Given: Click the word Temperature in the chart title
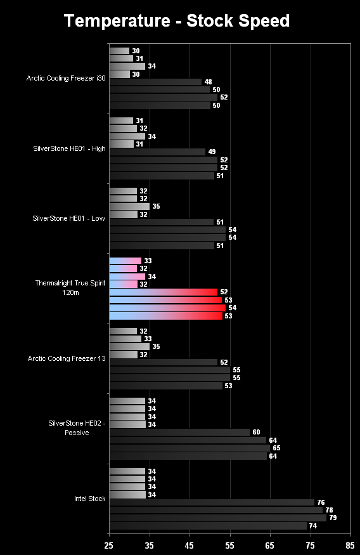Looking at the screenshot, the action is coord(117,21).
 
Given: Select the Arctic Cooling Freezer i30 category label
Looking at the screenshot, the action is coord(66,78).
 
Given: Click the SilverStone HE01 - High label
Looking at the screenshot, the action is coord(69,148).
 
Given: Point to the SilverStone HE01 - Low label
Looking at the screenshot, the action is coord(69,218).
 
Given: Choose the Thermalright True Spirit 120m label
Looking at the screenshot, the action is coord(70,288).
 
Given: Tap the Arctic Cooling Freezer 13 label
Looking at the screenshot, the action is coord(67,358).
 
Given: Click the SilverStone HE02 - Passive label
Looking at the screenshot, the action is coord(77,428).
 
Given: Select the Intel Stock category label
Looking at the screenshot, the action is coord(90,499).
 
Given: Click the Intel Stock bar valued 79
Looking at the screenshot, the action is coord(218,518).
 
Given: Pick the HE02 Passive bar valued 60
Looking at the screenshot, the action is coord(179,433).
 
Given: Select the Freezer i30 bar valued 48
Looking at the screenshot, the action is coord(156,82).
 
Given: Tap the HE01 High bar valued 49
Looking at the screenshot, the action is coord(157,152).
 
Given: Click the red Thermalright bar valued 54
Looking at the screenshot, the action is coord(167,308).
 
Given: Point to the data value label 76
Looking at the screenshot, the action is coord(321,502).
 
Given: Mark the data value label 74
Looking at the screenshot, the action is coord(313,526).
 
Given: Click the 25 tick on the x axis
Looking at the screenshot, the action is coord(109,545).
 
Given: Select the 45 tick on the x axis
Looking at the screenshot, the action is coord(190,545).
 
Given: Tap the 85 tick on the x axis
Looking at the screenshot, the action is coord(350,545).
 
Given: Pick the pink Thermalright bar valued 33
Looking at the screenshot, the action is coord(125,261).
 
